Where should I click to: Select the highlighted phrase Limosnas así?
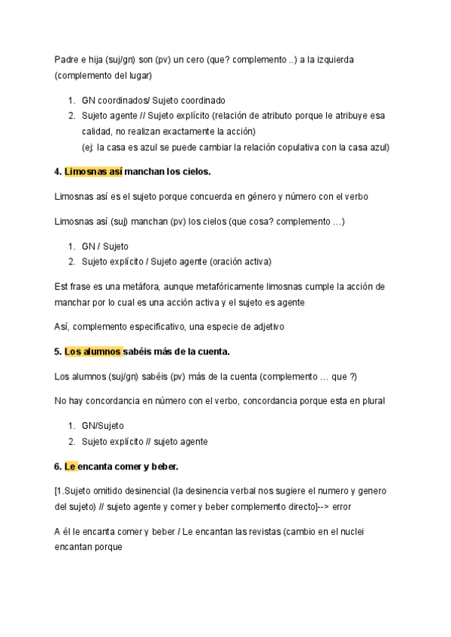pyautogui.click(x=94, y=172)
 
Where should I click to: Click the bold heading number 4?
pyautogui.click(x=58, y=172)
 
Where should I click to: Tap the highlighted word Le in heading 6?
pyautogui.click(x=71, y=466)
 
